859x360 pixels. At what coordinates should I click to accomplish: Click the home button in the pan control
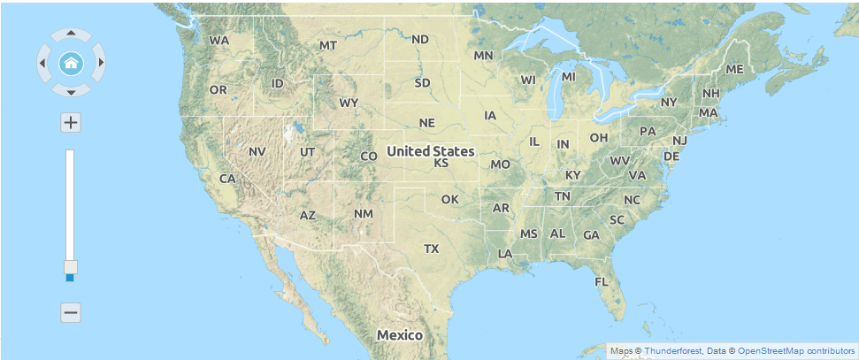(x=71, y=63)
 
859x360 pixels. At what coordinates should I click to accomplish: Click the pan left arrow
(x=42, y=63)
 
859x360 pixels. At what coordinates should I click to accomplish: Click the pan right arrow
(x=100, y=63)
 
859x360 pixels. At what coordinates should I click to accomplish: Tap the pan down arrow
(x=71, y=90)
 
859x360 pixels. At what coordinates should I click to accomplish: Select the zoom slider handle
(x=71, y=267)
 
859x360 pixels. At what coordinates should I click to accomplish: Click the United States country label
(x=430, y=151)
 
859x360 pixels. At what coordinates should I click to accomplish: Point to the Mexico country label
(x=400, y=335)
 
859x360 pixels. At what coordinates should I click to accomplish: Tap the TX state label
(x=431, y=249)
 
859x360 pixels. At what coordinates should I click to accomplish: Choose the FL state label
(x=602, y=281)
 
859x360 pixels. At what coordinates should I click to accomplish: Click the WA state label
(x=219, y=40)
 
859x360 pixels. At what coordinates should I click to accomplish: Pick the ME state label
(x=734, y=69)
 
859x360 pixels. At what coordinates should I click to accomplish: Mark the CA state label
(x=227, y=179)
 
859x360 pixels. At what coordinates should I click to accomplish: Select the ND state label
(x=420, y=39)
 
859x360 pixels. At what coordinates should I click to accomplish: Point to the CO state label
(x=369, y=157)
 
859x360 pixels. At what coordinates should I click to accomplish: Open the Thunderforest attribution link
(x=673, y=351)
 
